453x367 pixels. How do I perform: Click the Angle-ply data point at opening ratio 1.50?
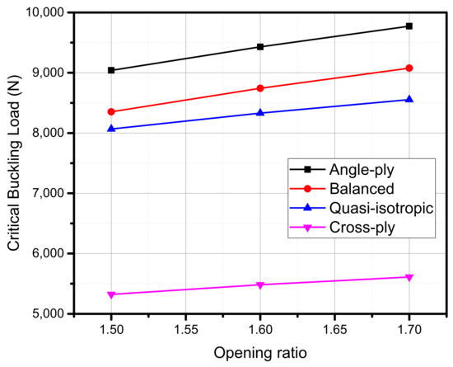[111, 70]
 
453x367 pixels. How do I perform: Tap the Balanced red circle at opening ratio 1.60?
[260, 88]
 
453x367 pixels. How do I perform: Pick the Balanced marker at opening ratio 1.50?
[111, 111]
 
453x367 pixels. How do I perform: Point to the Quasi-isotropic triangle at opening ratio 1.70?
[409, 99]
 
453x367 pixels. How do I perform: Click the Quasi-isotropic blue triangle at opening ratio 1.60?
[260, 112]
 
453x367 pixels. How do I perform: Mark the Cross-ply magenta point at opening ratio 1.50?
[111, 294]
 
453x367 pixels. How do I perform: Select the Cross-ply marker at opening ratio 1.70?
[409, 277]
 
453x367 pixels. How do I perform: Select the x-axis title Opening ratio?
[260, 353]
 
